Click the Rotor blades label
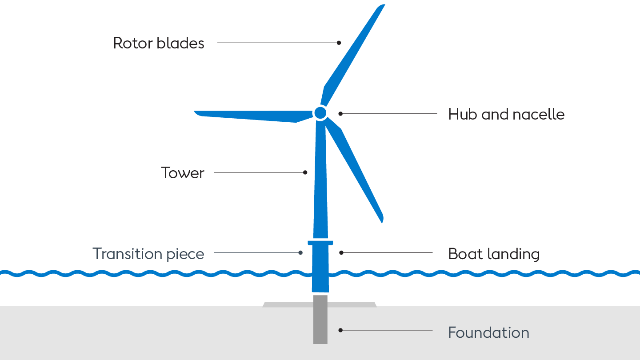click(159, 43)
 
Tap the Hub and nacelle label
click(506, 114)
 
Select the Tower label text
click(182, 172)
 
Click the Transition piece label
click(148, 254)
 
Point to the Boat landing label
click(494, 254)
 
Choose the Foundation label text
click(488, 332)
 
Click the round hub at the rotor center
click(320, 113)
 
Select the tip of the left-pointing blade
click(196, 113)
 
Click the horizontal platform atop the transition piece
click(320, 243)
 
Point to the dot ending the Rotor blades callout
click(339, 43)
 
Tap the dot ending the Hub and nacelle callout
click(341, 114)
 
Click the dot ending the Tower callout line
click(305, 172)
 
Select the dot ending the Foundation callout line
click(340, 330)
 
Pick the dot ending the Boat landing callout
click(341, 252)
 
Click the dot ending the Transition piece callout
click(300, 252)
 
